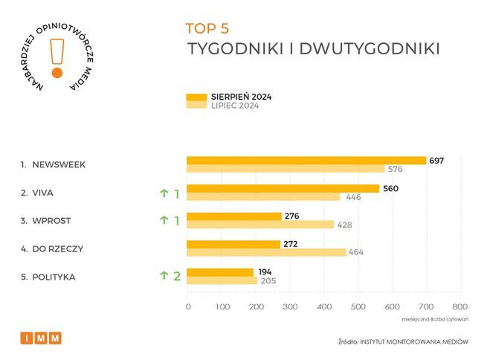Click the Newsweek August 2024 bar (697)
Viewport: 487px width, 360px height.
(306, 161)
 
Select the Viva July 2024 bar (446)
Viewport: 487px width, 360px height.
(263, 197)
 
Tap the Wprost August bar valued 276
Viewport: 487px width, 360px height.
(234, 216)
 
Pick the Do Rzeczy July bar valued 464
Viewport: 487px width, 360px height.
(266, 253)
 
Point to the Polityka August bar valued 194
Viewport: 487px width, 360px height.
(220, 272)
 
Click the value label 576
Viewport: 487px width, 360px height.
(396, 170)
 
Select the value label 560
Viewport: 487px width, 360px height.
(391, 188)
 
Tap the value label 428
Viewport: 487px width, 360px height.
(344, 225)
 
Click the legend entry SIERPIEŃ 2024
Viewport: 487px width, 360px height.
(241, 97)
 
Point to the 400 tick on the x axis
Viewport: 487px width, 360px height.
(325, 306)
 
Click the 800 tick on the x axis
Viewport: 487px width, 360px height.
(461, 306)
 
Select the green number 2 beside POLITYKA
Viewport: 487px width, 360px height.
(177, 276)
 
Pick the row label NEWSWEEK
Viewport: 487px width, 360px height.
(58, 164)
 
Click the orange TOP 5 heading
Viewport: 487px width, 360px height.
(207, 29)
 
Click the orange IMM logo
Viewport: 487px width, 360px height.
(41, 338)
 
